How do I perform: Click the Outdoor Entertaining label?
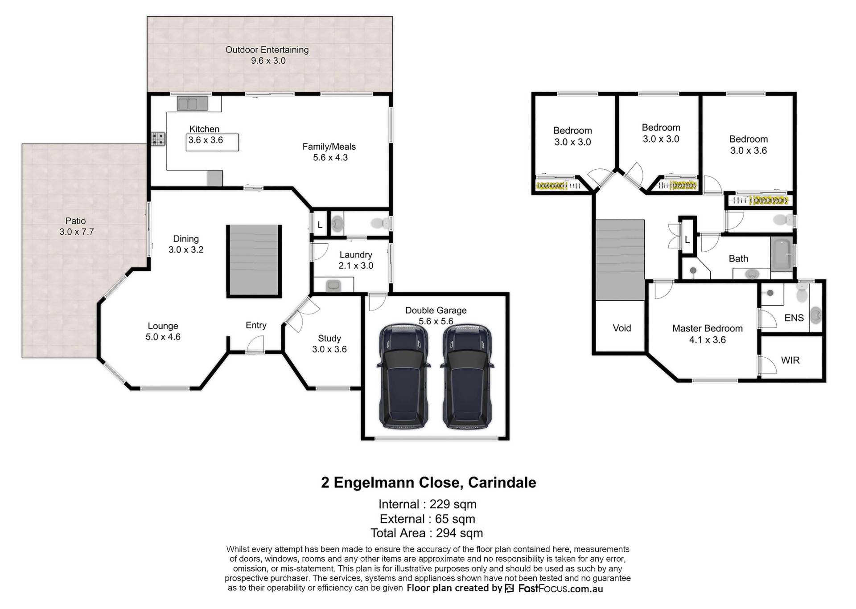click(267, 50)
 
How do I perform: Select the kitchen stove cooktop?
click(158, 139)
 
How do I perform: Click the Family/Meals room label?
click(329, 147)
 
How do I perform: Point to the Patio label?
click(76, 221)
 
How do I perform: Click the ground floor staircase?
click(254, 261)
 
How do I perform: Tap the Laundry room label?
click(356, 255)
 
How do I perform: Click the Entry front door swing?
click(255, 344)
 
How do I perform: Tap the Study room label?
click(329, 339)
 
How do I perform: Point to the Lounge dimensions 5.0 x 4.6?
click(163, 337)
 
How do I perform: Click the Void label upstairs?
click(622, 328)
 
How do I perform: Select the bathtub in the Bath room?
click(782, 254)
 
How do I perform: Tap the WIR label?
click(790, 360)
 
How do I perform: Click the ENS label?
click(794, 318)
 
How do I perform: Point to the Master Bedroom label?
click(708, 328)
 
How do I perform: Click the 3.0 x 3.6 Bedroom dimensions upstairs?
click(749, 151)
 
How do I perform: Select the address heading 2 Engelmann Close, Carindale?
click(428, 482)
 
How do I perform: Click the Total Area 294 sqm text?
click(427, 533)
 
